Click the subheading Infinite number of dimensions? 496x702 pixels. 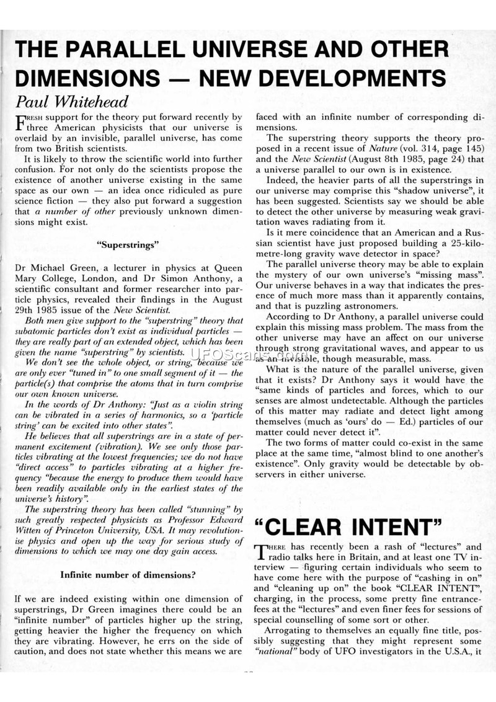click(x=128, y=574)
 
